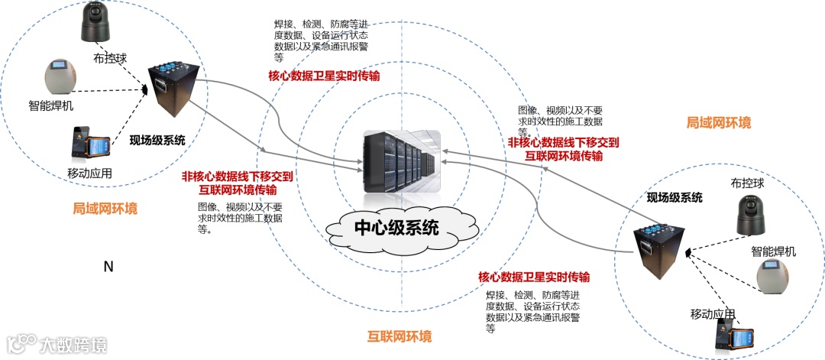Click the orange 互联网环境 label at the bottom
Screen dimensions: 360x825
point(400,336)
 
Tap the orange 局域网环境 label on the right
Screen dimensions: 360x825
point(718,122)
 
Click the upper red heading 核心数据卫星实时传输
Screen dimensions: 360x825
point(324,76)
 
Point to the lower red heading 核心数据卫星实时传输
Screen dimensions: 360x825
point(534,277)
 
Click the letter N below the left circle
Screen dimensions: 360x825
point(108,267)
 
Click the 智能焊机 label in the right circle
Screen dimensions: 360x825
point(773,251)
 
